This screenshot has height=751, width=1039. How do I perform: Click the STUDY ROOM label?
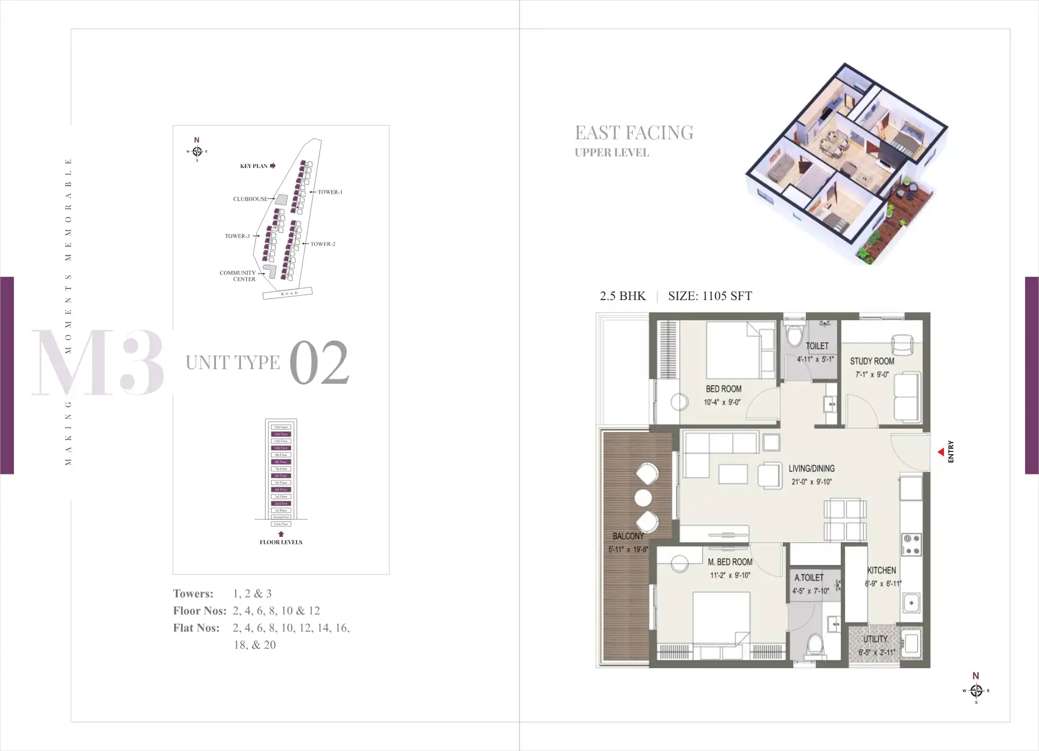pyautogui.click(x=872, y=361)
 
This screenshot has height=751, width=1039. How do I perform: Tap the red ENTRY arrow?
pyautogui.click(x=941, y=453)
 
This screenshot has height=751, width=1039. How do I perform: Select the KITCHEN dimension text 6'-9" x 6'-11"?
pyautogui.click(x=883, y=584)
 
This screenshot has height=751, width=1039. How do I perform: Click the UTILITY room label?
pyautogui.click(x=875, y=639)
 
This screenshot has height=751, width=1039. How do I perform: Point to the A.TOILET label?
pyautogui.click(x=809, y=578)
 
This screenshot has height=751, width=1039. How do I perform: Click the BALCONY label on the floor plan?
pyautogui.click(x=628, y=536)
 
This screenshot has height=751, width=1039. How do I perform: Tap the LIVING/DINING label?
pyautogui.click(x=811, y=469)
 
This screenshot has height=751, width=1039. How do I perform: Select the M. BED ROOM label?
pyautogui.click(x=730, y=562)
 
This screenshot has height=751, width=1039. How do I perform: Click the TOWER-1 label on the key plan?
pyautogui.click(x=330, y=192)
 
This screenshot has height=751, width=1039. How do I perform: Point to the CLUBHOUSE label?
pyautogui.click(x=250, y=199)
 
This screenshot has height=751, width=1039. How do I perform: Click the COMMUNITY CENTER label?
pyautogui.click(x=238, y=276)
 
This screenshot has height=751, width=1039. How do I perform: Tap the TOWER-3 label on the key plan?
pyautogui.click(x=237, y=236)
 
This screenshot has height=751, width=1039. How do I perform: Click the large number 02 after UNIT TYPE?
pyautogui.click(x=319, y=363)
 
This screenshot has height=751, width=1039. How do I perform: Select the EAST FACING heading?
pyautogui.click(x=634, y=133)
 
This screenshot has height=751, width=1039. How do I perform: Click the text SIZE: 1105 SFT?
pyautogui.click(x=710, y=296)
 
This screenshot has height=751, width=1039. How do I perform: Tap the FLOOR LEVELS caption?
pyautogui.click(x=281, y=542)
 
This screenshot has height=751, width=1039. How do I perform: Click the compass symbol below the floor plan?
pyautogui.click(x=976, y=691)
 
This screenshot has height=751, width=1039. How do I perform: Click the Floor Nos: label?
pyautogui.click(x=199, y=611)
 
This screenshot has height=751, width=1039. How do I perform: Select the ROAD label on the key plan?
pyautogui.click(x=289, y=293)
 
